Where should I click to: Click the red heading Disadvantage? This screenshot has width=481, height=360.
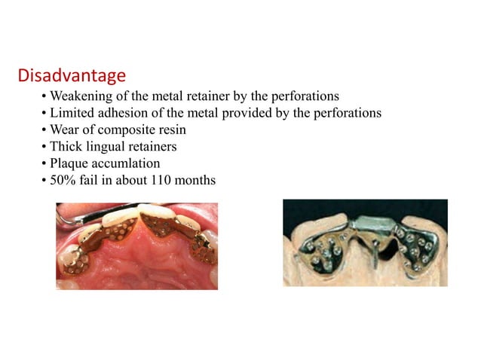71,76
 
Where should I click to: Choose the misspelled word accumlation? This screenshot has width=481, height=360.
126,163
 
